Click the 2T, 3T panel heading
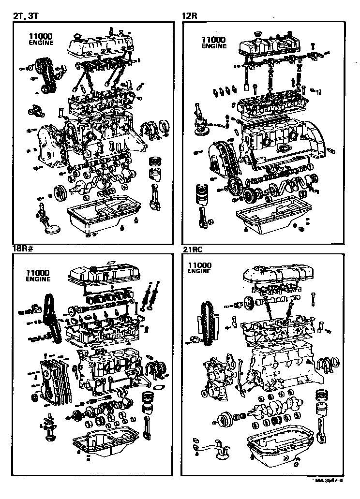point(25,16)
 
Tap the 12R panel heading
point(189,16)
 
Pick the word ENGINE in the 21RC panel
point(199,272)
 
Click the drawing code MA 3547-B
point(329,481)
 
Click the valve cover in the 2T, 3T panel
point(100,44)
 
